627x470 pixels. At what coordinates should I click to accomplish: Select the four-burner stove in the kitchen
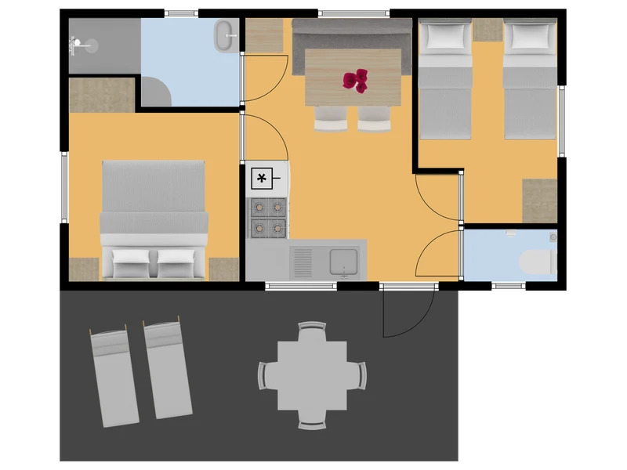click(x=267, y=218)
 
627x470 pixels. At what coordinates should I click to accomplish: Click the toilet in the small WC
click(x=539, y=261)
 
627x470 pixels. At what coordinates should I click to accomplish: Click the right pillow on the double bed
click(x=176, y=258)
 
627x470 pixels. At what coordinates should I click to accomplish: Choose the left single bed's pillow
click(x=445, y=35)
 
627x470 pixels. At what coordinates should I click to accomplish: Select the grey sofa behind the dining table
click(x=352, y=35)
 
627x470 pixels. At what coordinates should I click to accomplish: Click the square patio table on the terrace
click(x=312, y=375)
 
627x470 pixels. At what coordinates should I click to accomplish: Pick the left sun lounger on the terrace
click(x=114, y=377)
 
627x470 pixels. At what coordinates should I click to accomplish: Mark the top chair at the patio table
click(x=312, y=331)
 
